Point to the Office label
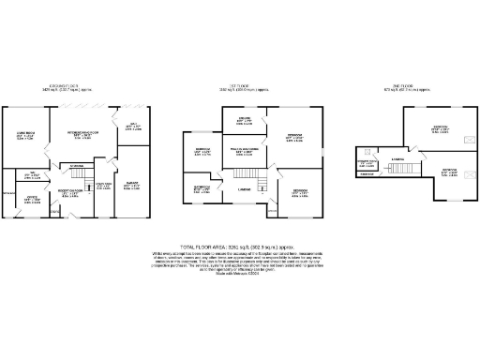click(31, 198)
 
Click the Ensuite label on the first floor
click(244, 120)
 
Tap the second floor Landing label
click(397, 159)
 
